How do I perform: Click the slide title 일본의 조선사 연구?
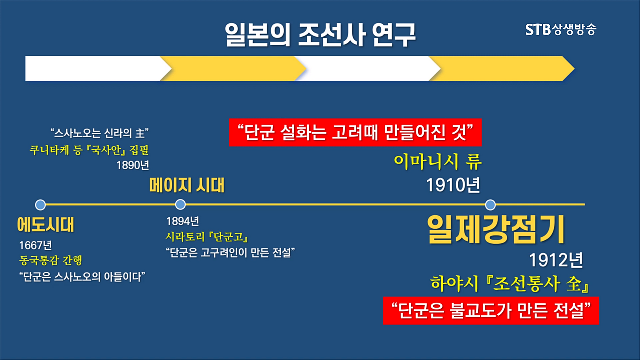click(x=320, y=35)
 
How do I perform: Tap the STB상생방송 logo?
click(x=561, y=29)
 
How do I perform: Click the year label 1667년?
click(x=35, y=245)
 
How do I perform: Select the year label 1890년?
click(x=133, y=165)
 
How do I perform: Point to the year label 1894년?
click(x=183, y=221)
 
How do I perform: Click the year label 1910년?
click(x=453, y=185)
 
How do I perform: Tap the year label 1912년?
click(x=556, y=260)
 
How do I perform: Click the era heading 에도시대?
click(x=45, y=224)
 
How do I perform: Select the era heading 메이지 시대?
click(x=187, y=185)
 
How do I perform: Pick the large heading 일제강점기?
click(x=496, y=229)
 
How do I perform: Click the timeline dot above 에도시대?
click(x=40, y=205)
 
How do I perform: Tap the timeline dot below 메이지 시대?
click(x=180, y=204)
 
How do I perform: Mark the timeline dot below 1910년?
click(x=490, y=205)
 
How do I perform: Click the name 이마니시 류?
click(x=438, y=162)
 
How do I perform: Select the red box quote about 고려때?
click(x=355, y=132)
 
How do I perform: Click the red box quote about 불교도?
click(x=491, y=311)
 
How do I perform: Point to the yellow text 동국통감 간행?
click(x=51, y=260)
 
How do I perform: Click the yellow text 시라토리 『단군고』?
click(x=207, y=237)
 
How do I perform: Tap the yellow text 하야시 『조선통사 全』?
click(x=510, y=284)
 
